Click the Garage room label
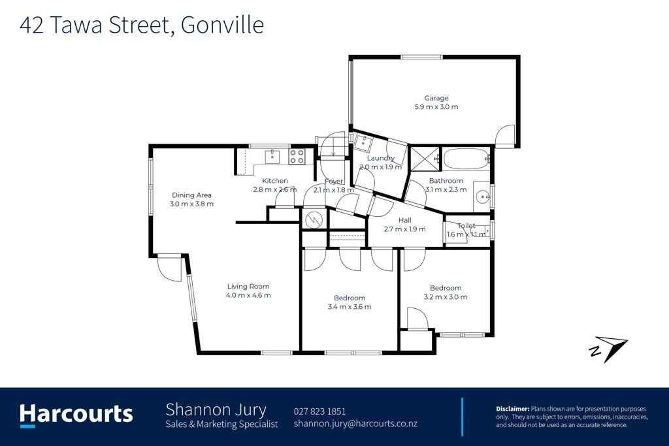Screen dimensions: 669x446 point(436,98)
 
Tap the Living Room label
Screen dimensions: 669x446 point(248,287)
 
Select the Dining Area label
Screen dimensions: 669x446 point(191,195)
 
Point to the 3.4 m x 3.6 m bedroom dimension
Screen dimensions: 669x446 point(350,306)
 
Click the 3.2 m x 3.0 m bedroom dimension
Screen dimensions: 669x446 point(446,296)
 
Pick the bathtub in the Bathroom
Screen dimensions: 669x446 point(466,159)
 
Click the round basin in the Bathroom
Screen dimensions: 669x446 point(483,197)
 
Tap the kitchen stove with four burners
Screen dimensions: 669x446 point(297,156)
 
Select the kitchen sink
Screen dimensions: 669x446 point(272,157)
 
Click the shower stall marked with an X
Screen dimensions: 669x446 point(424,159)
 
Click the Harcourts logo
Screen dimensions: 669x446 point(76,415)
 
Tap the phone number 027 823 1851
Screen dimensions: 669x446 point(319,411)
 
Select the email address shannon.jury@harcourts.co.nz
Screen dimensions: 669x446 point(355,423)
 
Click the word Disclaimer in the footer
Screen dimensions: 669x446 point(512,409)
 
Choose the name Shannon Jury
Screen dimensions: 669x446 point(216,409)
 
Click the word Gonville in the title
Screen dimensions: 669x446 point(222,25)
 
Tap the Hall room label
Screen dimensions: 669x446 point(405,220)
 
